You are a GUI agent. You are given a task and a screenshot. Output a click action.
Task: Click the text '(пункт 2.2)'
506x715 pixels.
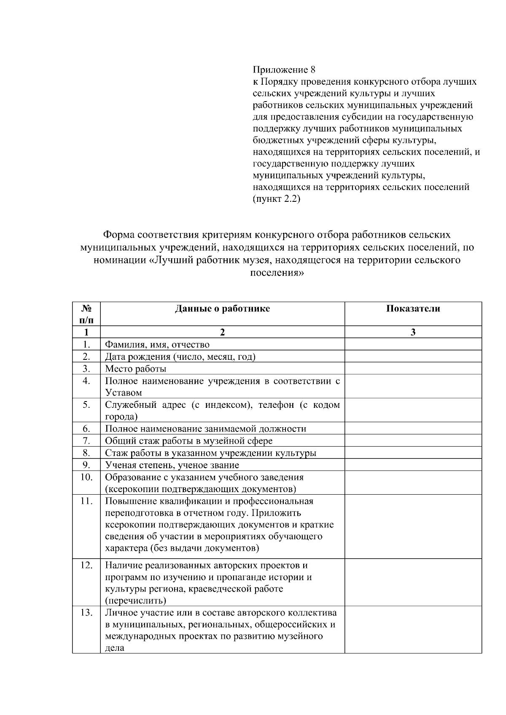coord(276,199)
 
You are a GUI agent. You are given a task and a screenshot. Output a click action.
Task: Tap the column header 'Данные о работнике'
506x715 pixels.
coord(222,309)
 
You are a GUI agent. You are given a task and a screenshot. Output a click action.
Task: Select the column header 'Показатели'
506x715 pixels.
coord(413,309)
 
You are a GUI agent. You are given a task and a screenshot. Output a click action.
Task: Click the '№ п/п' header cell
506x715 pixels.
coord(86,314)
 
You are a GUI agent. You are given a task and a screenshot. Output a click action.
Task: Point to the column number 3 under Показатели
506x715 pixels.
coord(413,332)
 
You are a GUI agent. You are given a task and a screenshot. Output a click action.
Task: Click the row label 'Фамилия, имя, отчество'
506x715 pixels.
coord(157,345)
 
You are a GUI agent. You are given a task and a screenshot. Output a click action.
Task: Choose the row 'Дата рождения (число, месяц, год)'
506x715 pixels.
coord(180,357)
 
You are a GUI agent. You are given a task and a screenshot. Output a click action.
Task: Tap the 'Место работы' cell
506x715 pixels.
coord(135,369)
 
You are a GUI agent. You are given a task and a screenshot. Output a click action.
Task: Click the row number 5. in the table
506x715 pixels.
coord(86,405)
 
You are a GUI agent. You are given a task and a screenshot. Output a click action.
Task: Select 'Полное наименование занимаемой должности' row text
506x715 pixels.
coord(205,429)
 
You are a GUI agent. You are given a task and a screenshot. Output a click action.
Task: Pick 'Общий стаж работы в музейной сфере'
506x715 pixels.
coord(188,441)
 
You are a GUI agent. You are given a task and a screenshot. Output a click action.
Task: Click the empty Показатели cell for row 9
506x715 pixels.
coord(413,465)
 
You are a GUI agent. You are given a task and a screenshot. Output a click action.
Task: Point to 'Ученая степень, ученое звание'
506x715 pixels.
coord(172,465)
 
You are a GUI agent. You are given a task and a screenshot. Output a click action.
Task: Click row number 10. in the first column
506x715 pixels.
coord(86,477)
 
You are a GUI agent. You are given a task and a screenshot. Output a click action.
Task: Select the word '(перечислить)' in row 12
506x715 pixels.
coord(135,600)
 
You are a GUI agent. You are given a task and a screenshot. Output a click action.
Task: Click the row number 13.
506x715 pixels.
coord(86,613)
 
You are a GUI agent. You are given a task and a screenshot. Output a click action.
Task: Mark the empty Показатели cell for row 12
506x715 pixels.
coord(413,583)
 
